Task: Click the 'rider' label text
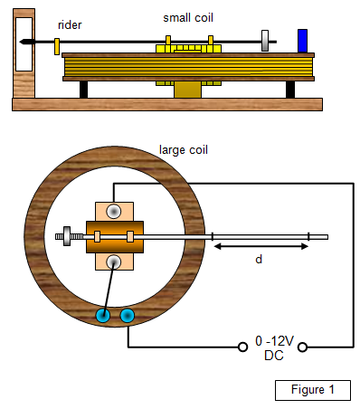(x=70, y=25)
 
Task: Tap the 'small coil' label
(x=188, y=18)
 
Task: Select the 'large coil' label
(x=184, y=150)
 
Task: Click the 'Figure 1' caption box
(x=313, y=390)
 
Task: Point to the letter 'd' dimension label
(x=259, y=259)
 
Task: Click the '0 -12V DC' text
(x=274, y=348)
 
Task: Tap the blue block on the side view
(x=302, y=41)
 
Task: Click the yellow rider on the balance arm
(x=57, y=46)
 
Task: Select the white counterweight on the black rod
(x=265, y=41)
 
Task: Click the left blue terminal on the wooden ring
(x=103, y=316)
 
